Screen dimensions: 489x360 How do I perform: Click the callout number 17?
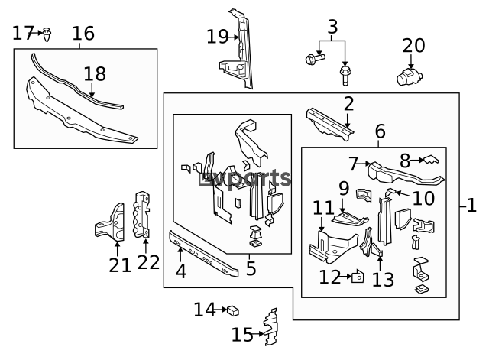click(x=23, y=33)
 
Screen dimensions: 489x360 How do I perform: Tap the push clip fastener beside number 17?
click(x=47, y=34)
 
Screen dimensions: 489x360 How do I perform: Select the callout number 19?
click(x=217, y=37)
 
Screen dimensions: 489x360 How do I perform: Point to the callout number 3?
click(x=333, y=27)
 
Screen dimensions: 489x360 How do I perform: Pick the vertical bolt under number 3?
click(x=345, y=76)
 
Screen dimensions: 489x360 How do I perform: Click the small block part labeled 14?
click(x=233, y=310)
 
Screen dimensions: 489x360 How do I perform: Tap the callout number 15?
click(x=242, y=335)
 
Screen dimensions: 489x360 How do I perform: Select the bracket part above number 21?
click(x=110, y=222)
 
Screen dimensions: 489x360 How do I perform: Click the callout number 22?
click(x=148, y=262)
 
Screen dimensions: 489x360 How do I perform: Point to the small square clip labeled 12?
click(x=358, y=277)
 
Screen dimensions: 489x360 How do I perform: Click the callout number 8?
click(x=405, y=161)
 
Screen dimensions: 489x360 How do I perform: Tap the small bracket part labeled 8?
click(x=431, y=160)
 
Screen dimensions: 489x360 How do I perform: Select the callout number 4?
click(x=181, y=271)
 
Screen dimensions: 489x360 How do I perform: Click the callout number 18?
click(x=95, y=74)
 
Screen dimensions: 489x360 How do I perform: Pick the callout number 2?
click(x=348, y=105)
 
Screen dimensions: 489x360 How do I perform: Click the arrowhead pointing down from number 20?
click(x=411, y=66)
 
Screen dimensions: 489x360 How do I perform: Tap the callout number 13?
click(x=384, y=280)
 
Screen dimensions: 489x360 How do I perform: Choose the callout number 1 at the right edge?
click(x=472, y=206)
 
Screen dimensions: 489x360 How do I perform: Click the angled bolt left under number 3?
click(x=316, y=58)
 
